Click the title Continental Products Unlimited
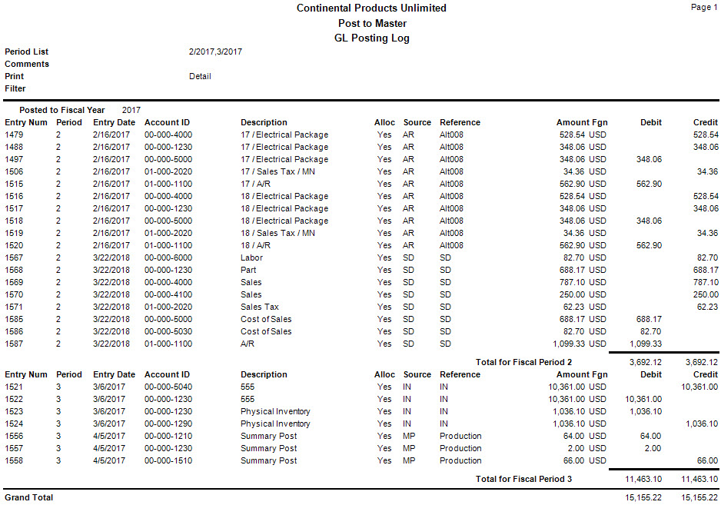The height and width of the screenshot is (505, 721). pyautogui.click(x=371, y=8)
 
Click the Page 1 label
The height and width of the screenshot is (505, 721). pyautogui.click(x=704, y=7)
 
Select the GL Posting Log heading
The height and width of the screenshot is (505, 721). pyautogui.click(x=372, y=38)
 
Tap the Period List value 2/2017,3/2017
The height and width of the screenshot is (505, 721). pyautogui.click(x=216, y=51)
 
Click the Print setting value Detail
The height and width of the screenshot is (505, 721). pyautogui.click(x=200, y=76)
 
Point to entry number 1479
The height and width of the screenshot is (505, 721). pyautogui.click(x=15, y=135)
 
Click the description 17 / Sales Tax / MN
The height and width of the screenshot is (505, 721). pyautogui.click(x=277, y=171)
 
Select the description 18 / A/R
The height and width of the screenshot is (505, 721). pyautogui.click(x=255, y=245)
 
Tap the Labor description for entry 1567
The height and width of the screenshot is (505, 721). pyautogui.click(x=251, y=257)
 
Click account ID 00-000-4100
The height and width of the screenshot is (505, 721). pyautogui.click(x=168, y=294)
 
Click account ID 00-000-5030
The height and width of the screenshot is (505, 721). pyautogui.click(x=168, y=331)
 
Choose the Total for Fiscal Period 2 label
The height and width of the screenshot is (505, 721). pyautogui.click(x=524, y=362)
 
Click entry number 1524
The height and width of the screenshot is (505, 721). pyautogui.click(x=15, y=424)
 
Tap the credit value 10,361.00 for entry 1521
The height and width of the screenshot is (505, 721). pyautogui.click(x=697, y=387)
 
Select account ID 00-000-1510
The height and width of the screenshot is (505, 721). pyautogui.click(x=168, y=460)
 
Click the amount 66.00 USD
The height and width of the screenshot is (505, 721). pyautogui.click(x=584, y=460)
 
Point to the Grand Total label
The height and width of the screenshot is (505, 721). pyautogui.click(x=29, y=497)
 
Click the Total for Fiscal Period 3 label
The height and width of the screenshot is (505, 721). pyautogui.click(x=524, y=479)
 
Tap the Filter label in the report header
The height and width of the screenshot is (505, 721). pyautogui.click(x=15, y=88)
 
